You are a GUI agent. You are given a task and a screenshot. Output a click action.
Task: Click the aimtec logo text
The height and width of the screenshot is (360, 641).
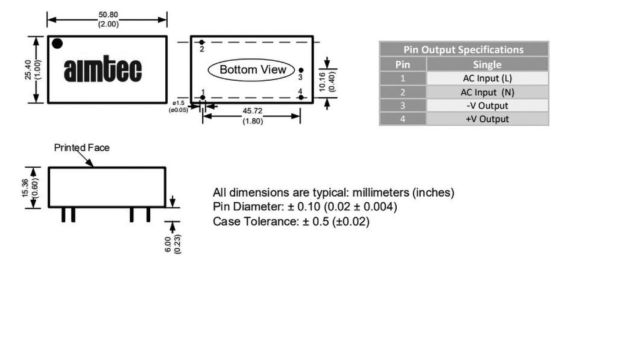(x=103, y=69)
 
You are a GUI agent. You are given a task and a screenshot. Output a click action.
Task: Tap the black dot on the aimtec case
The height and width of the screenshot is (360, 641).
(x=58, y=44)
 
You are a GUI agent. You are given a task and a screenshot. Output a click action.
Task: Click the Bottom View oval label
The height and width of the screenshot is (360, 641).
(x=252, y=69)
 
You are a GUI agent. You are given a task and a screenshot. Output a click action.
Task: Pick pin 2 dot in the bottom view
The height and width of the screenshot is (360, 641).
(x=202, y=42)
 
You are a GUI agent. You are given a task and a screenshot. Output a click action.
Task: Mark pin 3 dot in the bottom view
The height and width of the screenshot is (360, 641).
(x=301, y=71)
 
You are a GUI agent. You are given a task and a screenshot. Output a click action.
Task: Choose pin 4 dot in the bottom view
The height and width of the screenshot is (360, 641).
(x=301, y=98)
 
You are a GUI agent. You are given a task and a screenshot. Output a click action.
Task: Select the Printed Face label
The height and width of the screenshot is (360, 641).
(x=81, y=148)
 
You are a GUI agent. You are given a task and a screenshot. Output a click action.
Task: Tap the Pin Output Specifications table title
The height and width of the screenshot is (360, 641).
(x=463, y=49)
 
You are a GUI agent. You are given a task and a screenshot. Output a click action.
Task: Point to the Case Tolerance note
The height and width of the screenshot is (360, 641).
(x=291, y=222)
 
